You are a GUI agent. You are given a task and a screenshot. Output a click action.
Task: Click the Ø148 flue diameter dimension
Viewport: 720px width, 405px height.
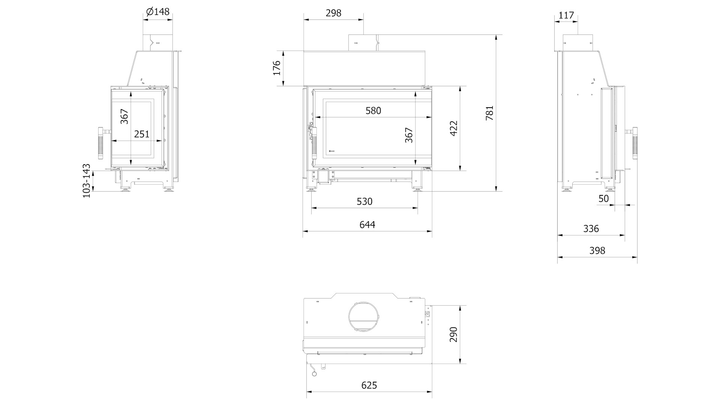pos(158,12)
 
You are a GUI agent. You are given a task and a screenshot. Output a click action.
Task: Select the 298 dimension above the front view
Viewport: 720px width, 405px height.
pos(333,13)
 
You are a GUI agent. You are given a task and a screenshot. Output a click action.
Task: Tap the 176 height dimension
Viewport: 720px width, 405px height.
pos(277,68)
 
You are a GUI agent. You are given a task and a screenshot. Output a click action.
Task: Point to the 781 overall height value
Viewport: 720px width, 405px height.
pos(490,113)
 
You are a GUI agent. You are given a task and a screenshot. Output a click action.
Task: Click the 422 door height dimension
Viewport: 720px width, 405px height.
pos(454,128)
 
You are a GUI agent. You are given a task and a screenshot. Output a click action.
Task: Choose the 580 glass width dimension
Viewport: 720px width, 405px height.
pos(373,111)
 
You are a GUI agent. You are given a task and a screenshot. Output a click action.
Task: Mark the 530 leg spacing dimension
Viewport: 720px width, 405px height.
pos(364,202)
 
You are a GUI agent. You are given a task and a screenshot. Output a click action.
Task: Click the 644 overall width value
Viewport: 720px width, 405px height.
pos(367,225)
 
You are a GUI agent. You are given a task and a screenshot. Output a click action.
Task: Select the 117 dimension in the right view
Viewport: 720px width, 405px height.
pos(566,15)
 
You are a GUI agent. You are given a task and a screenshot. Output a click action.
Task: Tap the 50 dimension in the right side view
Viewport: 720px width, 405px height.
pos(604,199)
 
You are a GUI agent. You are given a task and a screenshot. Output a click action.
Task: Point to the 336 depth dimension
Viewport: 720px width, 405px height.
pos(591,229)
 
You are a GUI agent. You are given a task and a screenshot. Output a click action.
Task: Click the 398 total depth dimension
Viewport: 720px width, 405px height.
pos(597,250)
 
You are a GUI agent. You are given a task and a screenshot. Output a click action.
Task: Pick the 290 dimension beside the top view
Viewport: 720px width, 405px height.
pos(454,334)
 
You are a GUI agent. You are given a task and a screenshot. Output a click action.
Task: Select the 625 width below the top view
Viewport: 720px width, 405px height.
pos(369,385)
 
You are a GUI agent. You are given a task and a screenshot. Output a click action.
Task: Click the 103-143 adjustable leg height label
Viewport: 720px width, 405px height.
pos(87,181)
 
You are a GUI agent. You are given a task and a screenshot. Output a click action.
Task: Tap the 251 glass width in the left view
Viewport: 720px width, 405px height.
pos(142,134)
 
